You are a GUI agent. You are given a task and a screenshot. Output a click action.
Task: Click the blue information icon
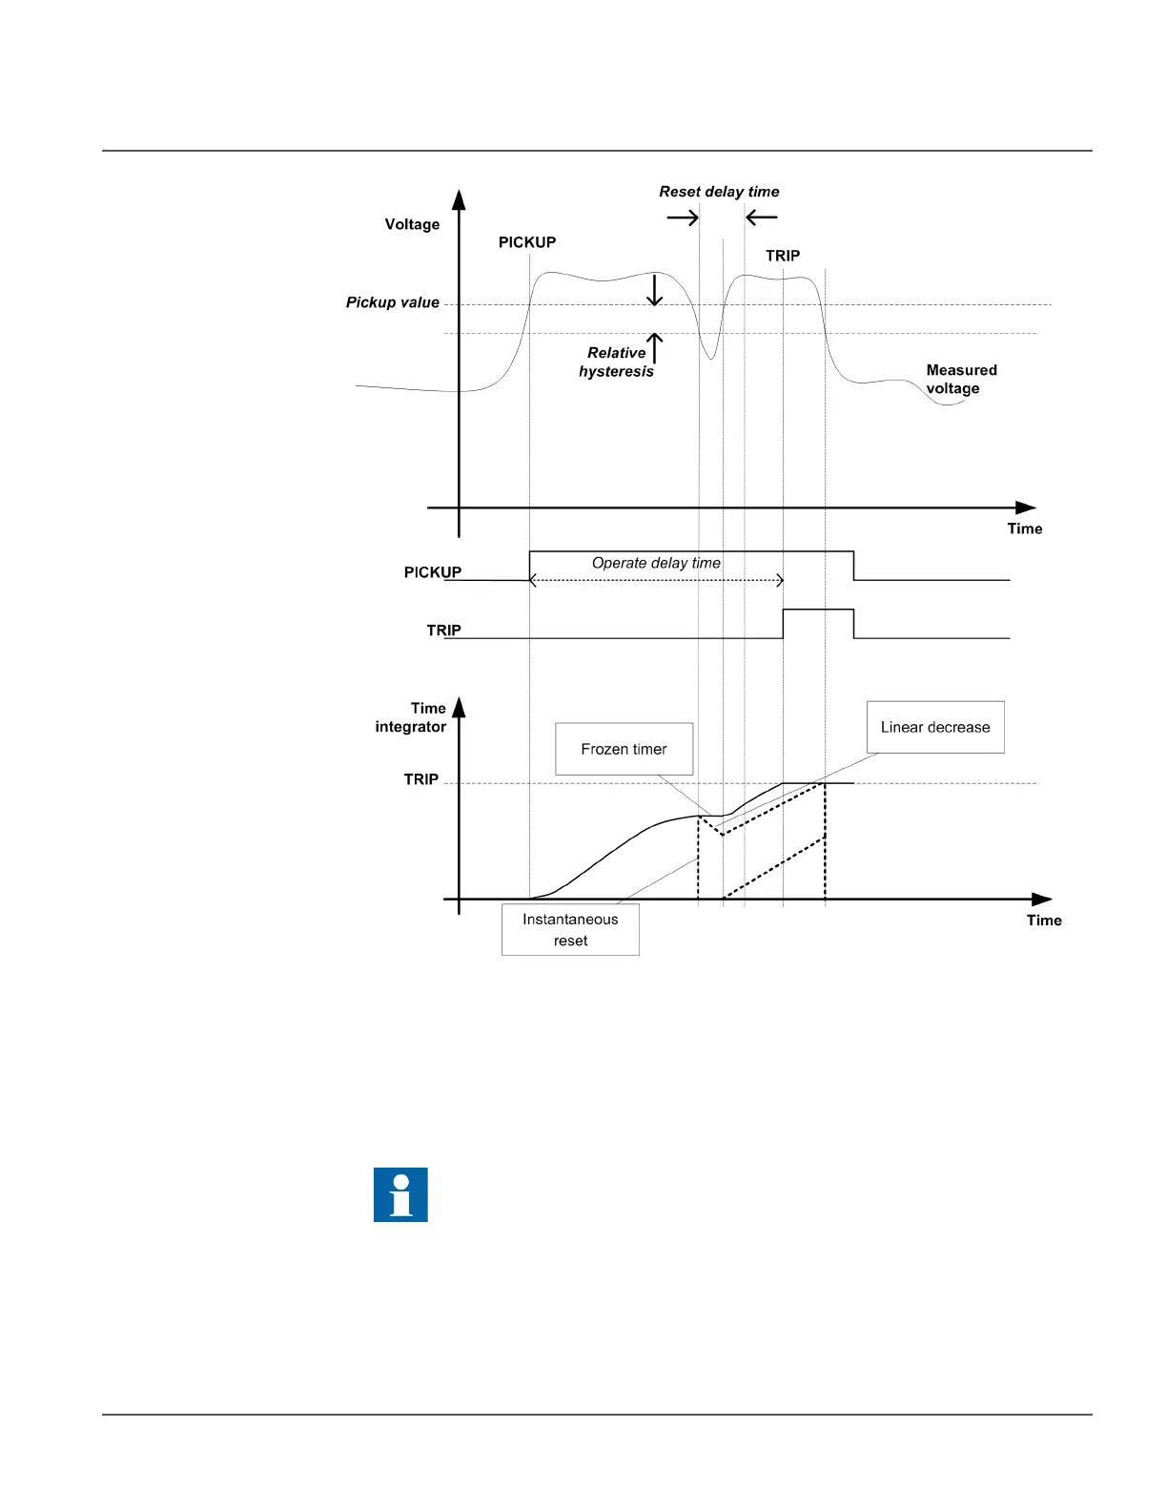click(x=400, y=1194)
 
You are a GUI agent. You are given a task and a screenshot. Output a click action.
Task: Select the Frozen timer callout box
click(x=624, y=749)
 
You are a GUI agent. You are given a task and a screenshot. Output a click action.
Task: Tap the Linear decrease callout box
click(x=934, y=727)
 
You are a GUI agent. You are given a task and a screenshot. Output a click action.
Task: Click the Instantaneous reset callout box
click(x=570, y=929)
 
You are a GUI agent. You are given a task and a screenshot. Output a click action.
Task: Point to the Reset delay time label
click(x=719, y=192)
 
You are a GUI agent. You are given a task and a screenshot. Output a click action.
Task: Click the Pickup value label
click(x=392, y=302)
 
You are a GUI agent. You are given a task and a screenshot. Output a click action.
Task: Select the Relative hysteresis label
click(x=616, y=362)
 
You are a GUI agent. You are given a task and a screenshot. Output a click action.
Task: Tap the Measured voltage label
click(x=960, y=379)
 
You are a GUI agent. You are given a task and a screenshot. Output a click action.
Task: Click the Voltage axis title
click(x=412, y=224)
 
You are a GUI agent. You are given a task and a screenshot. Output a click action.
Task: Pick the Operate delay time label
click(x=656, y=563)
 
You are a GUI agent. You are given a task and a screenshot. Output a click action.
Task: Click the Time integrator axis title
click(x=411, y=717)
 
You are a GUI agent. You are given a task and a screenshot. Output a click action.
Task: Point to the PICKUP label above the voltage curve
click(x=527, y=242)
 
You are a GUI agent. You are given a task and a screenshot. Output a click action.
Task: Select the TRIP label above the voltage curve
click(x=783, y=256)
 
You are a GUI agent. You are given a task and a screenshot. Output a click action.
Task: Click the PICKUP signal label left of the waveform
click(x=432, y=572)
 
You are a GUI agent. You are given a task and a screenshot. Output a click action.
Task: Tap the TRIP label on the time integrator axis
click(x=420, y=779)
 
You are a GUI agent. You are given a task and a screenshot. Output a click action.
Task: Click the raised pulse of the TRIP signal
click(x=818, y=611)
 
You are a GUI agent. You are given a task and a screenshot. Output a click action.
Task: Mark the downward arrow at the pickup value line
click(x=654, y=290)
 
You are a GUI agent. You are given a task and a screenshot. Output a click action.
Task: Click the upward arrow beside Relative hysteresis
click(x=655, y=347)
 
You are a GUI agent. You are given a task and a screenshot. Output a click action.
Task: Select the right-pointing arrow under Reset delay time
click(x=683, y=218)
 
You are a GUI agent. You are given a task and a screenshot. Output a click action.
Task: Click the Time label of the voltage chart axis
click(x=1025, y=528)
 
